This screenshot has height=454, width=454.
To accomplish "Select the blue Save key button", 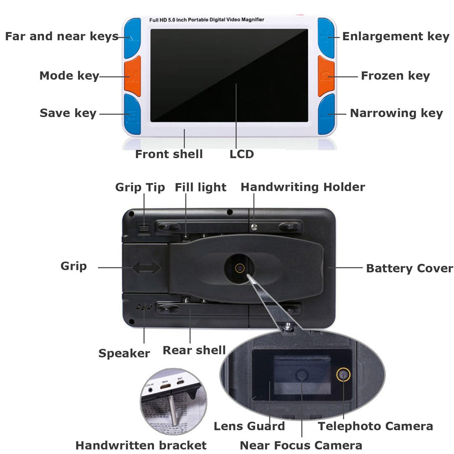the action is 132,114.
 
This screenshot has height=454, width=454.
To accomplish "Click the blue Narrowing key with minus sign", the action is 326,114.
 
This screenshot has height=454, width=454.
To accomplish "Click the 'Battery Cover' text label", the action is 410,268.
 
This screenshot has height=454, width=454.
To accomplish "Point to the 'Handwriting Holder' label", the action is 303,187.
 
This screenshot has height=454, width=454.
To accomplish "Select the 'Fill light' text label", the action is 200,187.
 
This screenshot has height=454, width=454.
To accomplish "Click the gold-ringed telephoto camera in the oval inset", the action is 343,375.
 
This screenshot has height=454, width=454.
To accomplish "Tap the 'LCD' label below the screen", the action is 242,154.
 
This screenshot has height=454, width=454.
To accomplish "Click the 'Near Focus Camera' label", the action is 301,445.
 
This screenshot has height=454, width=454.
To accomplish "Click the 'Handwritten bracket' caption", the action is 141,445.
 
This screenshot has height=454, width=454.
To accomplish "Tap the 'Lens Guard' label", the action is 249,426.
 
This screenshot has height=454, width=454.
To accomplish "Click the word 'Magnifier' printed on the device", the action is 253,20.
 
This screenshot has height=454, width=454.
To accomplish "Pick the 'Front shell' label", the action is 169,154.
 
